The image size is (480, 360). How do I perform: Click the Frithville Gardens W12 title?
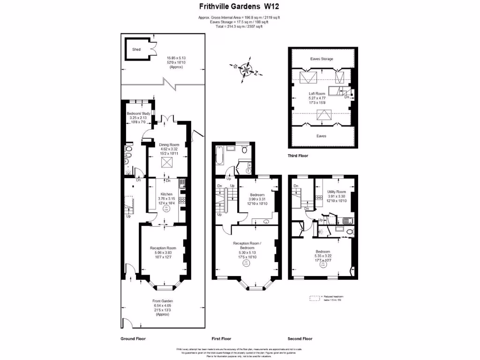click(240, 7)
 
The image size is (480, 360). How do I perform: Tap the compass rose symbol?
click(246, 70)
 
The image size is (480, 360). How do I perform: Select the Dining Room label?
click(169, 145)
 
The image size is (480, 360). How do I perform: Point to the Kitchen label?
click(166, 194)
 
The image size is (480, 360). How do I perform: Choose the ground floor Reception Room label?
click(163, 248)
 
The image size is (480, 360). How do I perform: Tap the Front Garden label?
click(163, 301)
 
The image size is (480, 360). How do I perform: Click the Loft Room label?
click(316, 94)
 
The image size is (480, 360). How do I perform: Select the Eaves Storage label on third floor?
click(322, 59)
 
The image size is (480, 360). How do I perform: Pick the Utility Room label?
click(336, 192)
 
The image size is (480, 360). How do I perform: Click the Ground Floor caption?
click(134, 338)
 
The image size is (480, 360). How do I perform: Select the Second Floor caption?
click(300, 338)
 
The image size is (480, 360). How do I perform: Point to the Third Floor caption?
click(298, 156)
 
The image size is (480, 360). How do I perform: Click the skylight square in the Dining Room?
click(166, 162)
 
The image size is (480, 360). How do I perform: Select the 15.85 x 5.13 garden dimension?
click(176, 58)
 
